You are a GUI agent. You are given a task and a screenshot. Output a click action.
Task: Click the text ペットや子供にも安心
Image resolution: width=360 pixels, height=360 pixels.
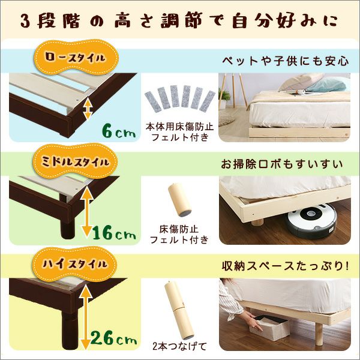click(286, 61)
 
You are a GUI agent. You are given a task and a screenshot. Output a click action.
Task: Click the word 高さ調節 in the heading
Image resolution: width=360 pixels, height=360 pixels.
click(162, 20)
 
